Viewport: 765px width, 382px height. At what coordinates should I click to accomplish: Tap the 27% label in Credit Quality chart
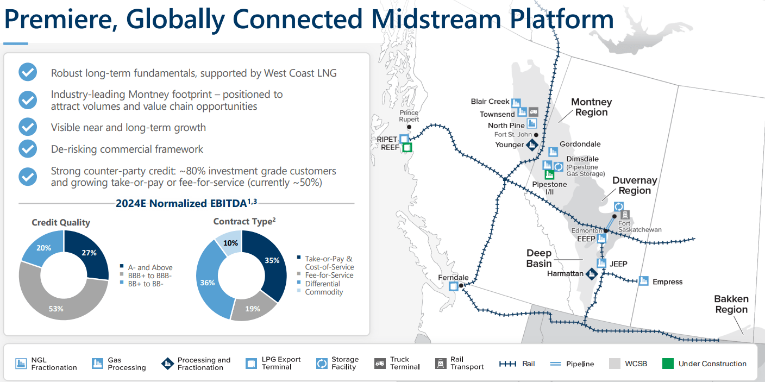pos(90,253)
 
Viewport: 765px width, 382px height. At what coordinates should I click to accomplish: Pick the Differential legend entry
pos(323,284)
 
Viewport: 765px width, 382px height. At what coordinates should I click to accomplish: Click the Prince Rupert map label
pos(409,116)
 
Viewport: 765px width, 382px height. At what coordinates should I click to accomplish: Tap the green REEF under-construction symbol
pos(407,147)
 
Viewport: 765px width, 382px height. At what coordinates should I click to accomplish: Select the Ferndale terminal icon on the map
pos(453,286)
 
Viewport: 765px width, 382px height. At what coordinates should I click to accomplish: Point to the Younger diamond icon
pos(532,145)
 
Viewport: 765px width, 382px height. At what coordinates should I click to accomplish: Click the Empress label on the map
pos(667,281)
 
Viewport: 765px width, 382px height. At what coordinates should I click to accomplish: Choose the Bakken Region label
pos(731,304)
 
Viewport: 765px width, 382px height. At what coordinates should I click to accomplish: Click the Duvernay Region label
pos(634,185)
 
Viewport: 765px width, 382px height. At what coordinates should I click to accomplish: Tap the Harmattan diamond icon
pos(592,273)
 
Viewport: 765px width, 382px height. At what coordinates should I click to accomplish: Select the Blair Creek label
pos(490,102)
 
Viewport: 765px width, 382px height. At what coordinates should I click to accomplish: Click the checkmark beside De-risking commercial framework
pos(28,148)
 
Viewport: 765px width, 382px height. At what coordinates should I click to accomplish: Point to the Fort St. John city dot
pos(536,135)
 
